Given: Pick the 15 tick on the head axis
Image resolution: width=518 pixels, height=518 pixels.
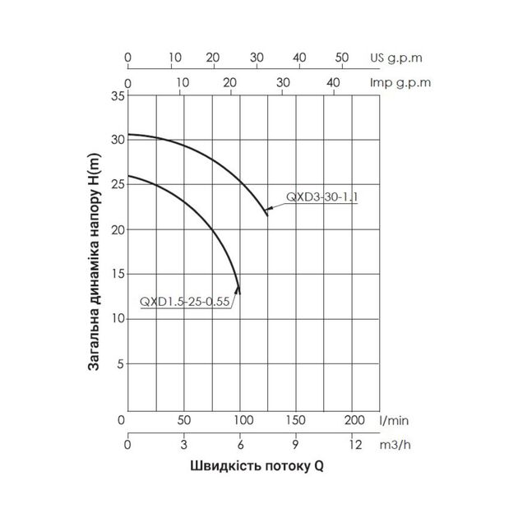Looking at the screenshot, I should [x=118, y=275].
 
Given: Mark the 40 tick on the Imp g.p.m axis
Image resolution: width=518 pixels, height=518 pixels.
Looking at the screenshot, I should [x=333, y=82].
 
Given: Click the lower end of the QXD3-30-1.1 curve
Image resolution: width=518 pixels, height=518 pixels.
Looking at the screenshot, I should [x=266, y=215].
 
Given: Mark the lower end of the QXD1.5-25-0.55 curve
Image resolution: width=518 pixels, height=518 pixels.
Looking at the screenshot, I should [x=239, y=292].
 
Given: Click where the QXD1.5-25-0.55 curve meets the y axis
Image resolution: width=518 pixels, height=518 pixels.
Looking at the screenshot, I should [x=128, y=176].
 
